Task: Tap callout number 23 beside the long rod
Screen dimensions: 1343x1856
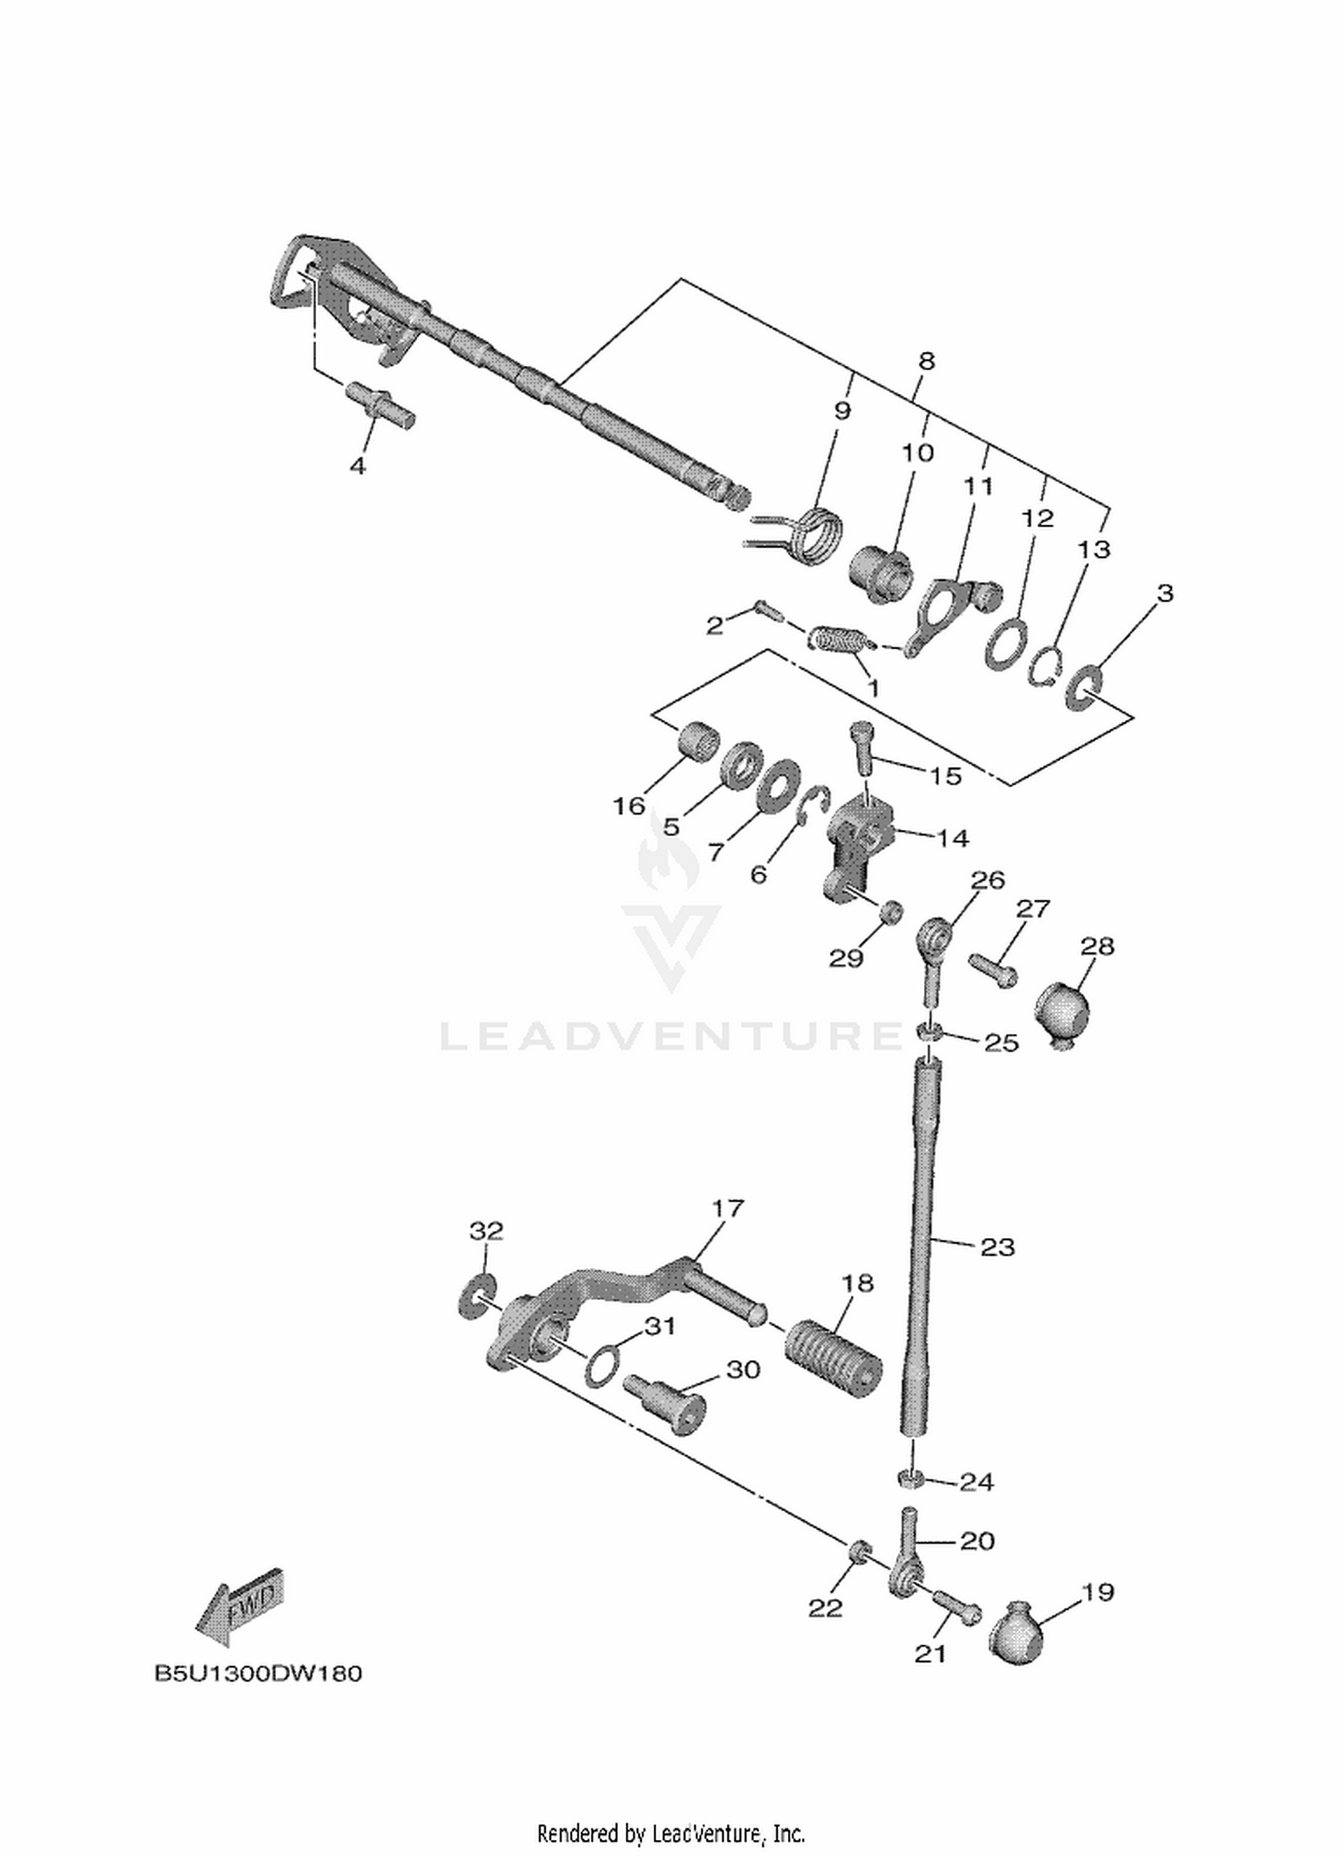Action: (997, 1247)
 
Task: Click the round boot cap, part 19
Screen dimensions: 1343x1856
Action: (1016, 1632)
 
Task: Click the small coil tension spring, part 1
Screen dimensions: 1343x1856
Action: (839, 638)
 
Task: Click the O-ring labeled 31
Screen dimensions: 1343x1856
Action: (602, 1367)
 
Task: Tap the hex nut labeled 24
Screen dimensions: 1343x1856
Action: (912, 1478)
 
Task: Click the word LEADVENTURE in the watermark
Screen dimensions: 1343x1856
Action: (671, 1036)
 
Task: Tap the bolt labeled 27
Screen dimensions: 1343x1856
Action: (993, 969)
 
